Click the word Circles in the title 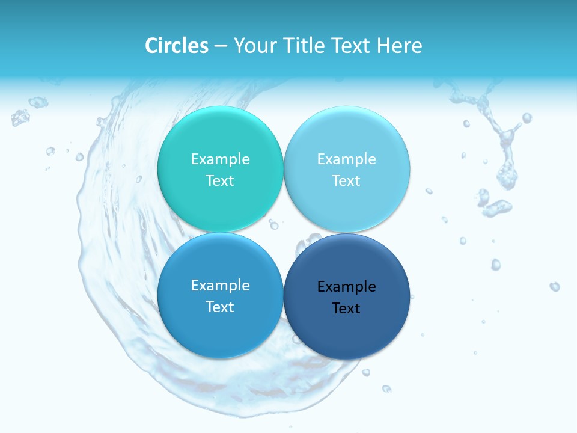click(x=177, y=46)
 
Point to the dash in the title click(x=221, y=46)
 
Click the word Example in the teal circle click(x=220, y=159)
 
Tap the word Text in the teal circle click(x=220, y=180)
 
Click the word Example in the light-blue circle click(x=346, y=159)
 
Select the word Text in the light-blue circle click(x=346, y=180)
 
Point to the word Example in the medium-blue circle click(x=220, y=285)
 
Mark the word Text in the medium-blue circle click(x=220, y=307)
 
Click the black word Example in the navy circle click(x=346, y=286)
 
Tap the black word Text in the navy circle click(x=346, y=308)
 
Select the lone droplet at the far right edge click(x=554, y=286)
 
